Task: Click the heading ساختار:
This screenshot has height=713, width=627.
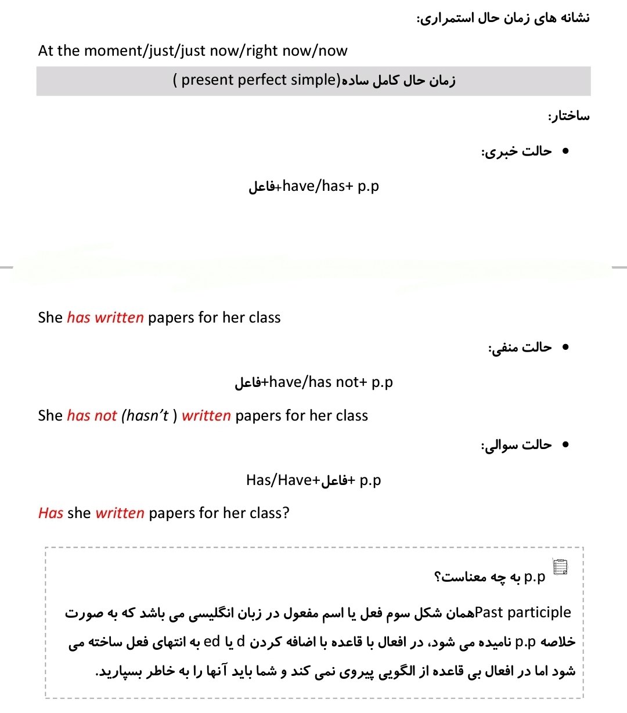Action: (568, 116)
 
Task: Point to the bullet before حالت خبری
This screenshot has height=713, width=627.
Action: (565, 151)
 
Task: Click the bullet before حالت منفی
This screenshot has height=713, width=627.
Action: (565, 348)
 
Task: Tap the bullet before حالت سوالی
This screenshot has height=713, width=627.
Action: (565, 445)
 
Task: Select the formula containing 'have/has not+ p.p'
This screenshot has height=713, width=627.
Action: (313, 382)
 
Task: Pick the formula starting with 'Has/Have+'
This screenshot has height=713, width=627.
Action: (313, 480)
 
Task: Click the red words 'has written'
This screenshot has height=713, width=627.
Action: (105, 318)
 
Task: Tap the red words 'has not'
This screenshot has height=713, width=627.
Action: (92, 416)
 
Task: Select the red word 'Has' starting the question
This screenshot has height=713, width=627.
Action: (51, 513)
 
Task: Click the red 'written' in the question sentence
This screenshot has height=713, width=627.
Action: (120, 513)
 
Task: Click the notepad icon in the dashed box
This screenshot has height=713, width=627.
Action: (561, 567)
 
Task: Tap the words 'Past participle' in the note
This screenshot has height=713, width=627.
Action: (522, 613)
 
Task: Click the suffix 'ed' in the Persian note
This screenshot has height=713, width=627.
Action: (212, 642)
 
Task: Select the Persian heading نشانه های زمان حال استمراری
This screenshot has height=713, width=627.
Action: (503, 18)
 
